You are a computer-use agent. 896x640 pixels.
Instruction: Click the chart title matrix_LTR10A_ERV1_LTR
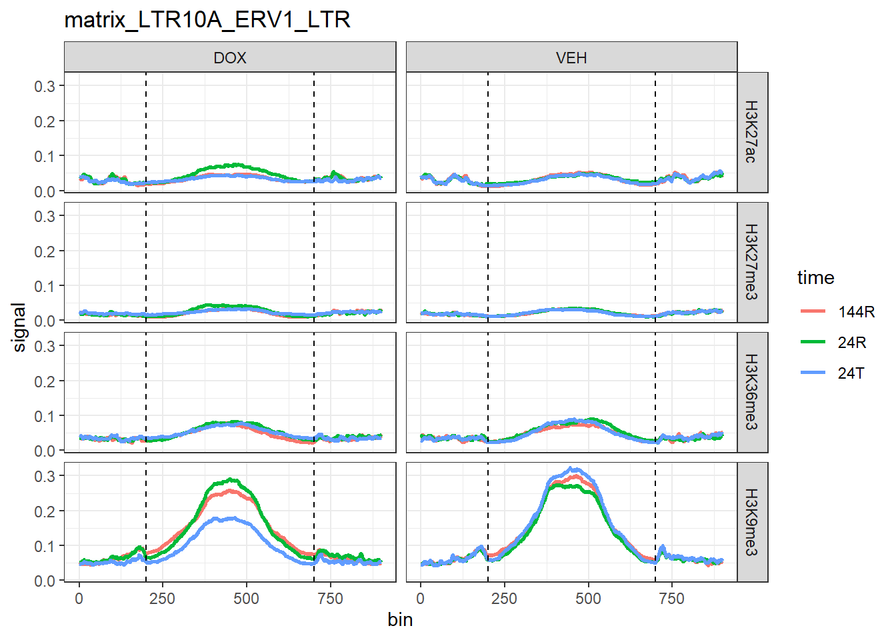click(207, 20)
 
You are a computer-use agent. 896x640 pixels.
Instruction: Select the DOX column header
click(230, 58)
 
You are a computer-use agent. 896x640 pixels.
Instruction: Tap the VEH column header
click(571, 58)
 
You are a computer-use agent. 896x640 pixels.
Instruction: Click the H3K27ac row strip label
click(751, 132)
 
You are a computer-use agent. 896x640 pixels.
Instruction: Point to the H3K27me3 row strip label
click(751, 262)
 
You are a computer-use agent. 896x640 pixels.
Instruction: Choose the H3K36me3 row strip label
click(751, 392)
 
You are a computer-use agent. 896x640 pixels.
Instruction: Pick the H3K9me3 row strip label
click(751, 522)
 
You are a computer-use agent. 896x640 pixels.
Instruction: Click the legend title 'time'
click(815, 278)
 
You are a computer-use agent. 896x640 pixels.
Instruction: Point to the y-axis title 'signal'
click(19, 327)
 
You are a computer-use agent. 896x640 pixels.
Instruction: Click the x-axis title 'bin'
click(400, 620)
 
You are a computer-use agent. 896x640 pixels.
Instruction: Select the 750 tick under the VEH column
click(671, 599)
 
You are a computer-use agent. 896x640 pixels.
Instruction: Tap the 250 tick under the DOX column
click(163, 599)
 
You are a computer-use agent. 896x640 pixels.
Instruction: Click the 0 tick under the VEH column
click(420, 599)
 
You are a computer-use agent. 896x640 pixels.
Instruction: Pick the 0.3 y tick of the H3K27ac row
click(45, 86)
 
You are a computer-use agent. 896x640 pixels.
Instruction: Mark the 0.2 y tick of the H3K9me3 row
click(45, 511)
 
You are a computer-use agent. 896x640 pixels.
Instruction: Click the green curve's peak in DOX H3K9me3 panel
click(232, 479)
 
